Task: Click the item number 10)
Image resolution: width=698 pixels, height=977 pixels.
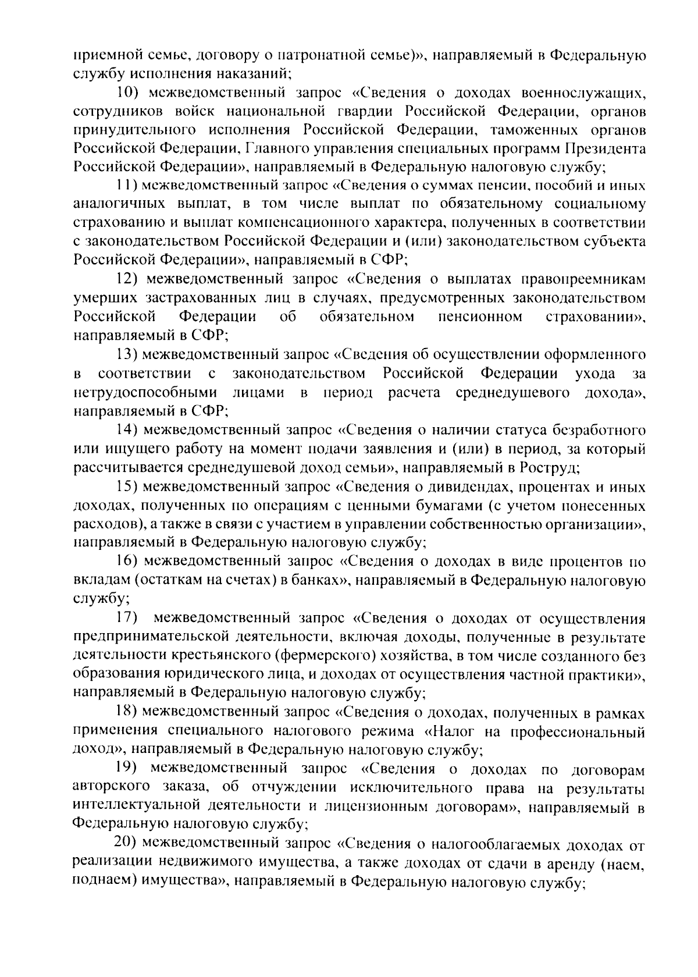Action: tap(127, 93)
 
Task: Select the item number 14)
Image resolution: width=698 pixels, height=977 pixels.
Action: tap(126, 431)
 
